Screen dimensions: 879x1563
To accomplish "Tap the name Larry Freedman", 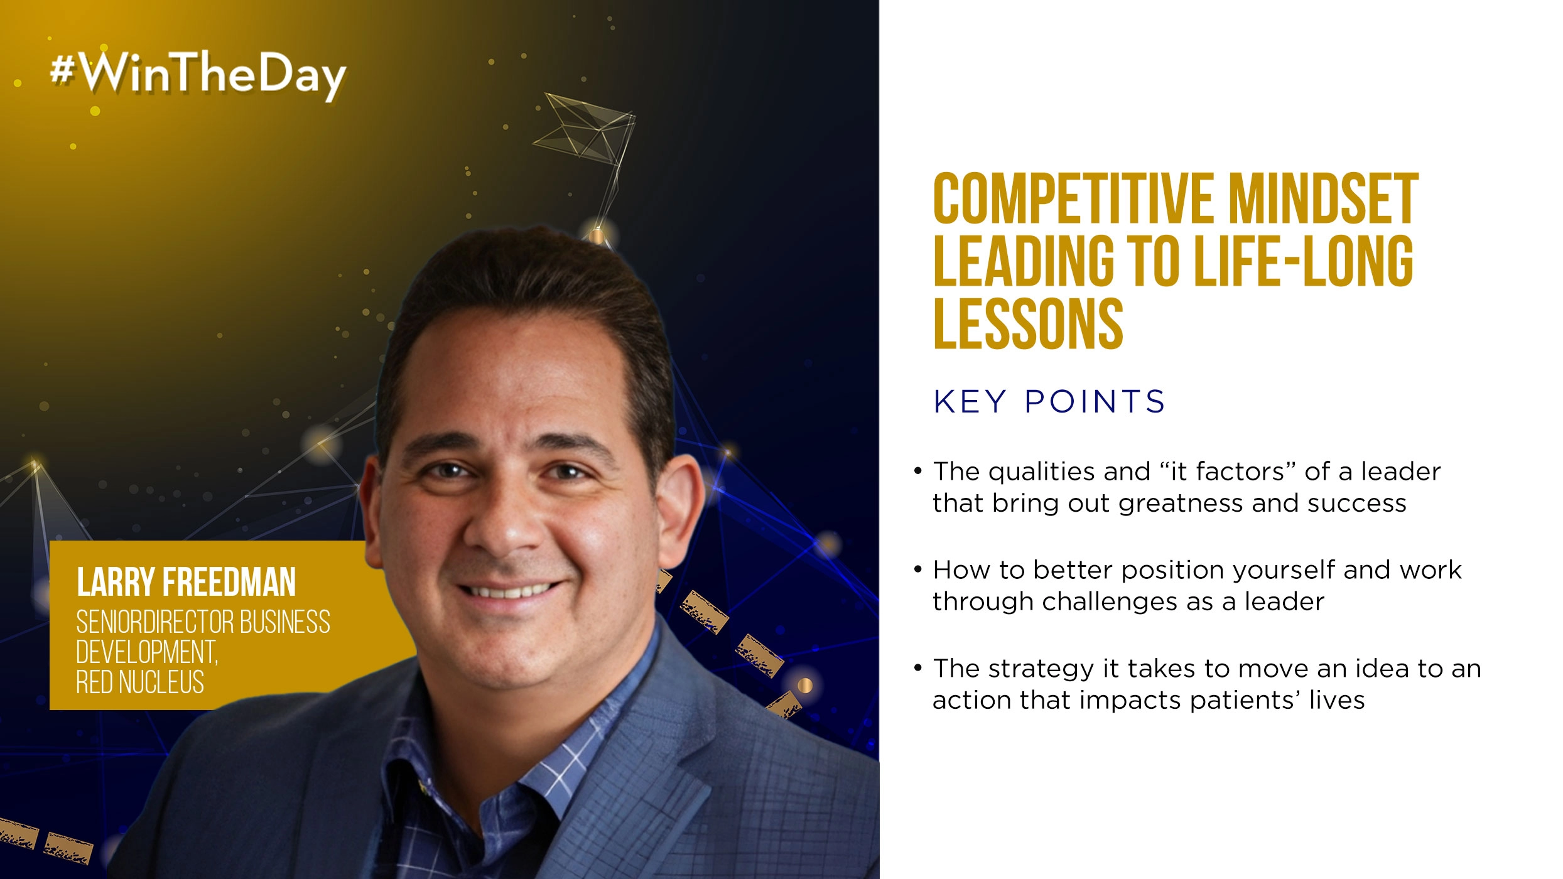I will click(186, 582).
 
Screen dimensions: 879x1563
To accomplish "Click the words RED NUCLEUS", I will click(140, 682).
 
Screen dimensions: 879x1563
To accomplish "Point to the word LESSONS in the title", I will click(1028, 324).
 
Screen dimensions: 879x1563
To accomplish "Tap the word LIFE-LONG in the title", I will click(1304, 262).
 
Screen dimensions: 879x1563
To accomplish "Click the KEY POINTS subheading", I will click(1049, 402).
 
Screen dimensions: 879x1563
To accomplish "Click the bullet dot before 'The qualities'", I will click(918, 470).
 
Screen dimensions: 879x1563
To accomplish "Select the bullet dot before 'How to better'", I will click(918, 569).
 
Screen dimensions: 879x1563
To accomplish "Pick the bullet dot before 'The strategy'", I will click(918, 667).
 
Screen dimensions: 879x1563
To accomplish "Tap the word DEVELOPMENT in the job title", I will click(146, 652).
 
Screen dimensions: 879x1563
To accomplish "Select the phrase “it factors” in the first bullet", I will click(1228, 472).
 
